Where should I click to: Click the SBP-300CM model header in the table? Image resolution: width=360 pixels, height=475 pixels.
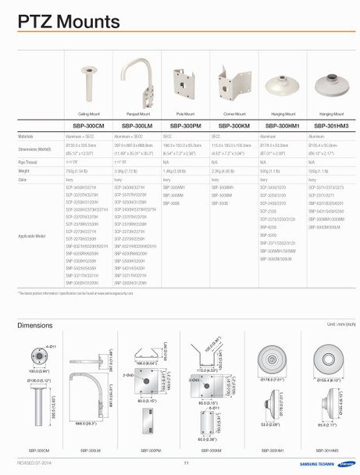tap(88, 125)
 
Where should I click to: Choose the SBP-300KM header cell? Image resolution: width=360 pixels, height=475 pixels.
tap(234, 125)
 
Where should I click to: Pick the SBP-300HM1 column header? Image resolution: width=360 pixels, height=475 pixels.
tap(283, 125)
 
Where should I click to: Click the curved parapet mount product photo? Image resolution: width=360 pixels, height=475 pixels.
tap(138, 85)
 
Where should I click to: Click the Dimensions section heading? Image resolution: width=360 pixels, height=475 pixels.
tap(35, 324)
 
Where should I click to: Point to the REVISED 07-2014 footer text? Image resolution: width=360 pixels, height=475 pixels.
tap(34, 462)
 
